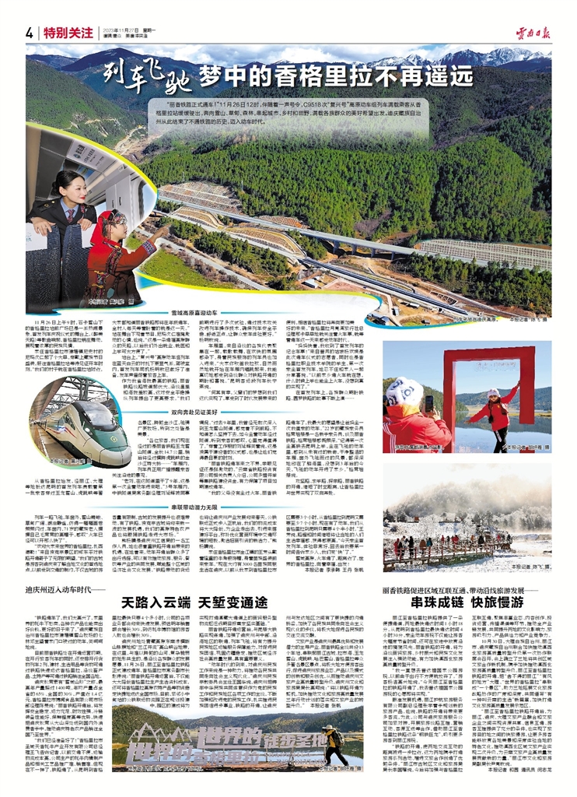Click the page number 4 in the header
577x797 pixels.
pos(30,33)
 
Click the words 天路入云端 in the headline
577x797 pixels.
pos(156,601)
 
